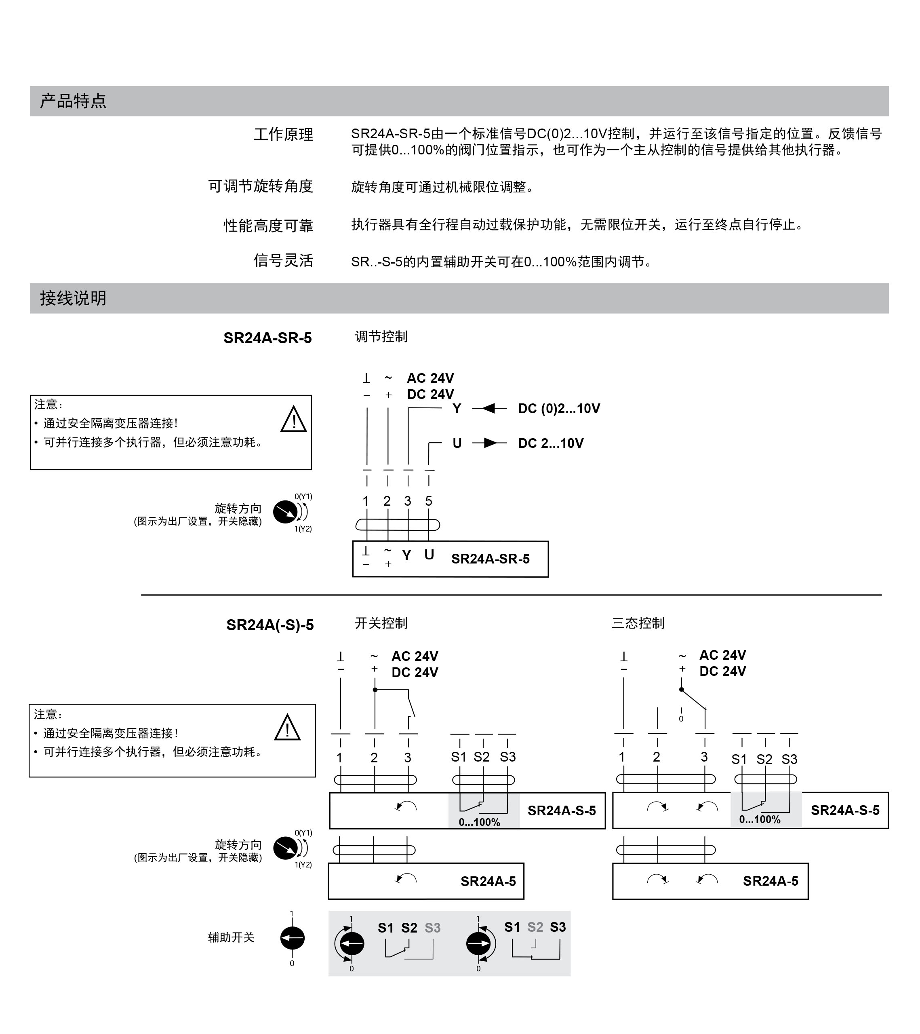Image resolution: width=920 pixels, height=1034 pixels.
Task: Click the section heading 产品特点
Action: click(74, 101)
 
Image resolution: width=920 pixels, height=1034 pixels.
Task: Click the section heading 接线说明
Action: click(74, 298)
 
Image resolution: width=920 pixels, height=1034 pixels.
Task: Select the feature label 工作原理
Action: click(283, 135)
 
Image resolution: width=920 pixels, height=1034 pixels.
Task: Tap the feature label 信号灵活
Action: click(283, 261)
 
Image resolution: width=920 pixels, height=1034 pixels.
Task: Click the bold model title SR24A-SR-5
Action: click(267, 338)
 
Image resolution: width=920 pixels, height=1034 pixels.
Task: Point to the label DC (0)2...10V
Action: click(559, 409)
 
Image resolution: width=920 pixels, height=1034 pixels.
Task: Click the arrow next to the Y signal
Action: click(488, 408)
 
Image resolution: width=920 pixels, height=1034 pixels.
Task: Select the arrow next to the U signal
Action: click(488, 443)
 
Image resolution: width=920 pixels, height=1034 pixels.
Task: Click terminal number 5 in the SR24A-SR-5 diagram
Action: click(428, 501)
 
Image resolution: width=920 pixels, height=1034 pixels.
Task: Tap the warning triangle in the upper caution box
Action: click(293, 420)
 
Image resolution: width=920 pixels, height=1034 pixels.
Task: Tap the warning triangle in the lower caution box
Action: click(287, 728)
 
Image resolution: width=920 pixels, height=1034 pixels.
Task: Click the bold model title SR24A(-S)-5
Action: click(270, 625)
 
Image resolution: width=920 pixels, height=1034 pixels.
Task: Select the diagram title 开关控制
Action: click(381, 623)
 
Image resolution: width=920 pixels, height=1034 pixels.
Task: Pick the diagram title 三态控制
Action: click(638, 623)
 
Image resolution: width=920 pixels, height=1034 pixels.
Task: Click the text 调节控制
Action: click(381, 337)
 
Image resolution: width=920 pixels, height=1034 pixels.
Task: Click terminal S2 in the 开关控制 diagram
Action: click(482, 757)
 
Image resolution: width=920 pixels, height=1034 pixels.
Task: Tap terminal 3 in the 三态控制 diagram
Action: click(703, 757)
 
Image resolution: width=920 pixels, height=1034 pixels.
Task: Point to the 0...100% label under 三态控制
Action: click(760, 819)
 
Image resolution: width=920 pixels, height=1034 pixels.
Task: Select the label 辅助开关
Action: click(231, 937)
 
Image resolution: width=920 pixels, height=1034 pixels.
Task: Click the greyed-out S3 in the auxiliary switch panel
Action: click(432, 928)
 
